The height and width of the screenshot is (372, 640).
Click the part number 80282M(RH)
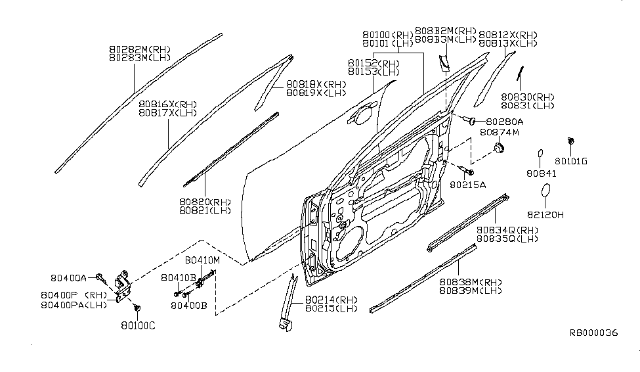[x=140, y=49]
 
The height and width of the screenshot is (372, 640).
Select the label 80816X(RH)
[x=167, y=104]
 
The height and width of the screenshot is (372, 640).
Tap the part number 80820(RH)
[x=205, y=202]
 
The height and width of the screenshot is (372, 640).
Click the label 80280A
[x=505, y=122]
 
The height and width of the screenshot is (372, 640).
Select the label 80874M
[x=499, y=132]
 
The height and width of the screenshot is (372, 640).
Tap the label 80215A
[x=468, y=185]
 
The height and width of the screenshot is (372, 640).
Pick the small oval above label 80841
[x=540, y=154]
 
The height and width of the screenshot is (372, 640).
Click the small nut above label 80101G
[x=571, y=141]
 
